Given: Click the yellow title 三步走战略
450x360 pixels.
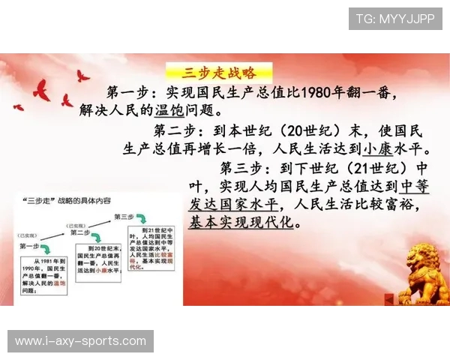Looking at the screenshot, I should [x=218, y=73].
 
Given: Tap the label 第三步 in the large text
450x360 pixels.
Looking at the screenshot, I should [x=244, y=166].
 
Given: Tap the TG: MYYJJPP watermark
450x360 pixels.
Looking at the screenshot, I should [x=394, y=19].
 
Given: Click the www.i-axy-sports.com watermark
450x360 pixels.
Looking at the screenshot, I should [x=81, y=341].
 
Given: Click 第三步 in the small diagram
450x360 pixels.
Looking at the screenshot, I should [x=124, y=216].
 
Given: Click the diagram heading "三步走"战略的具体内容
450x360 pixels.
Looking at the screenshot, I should [x=67, y=201].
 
